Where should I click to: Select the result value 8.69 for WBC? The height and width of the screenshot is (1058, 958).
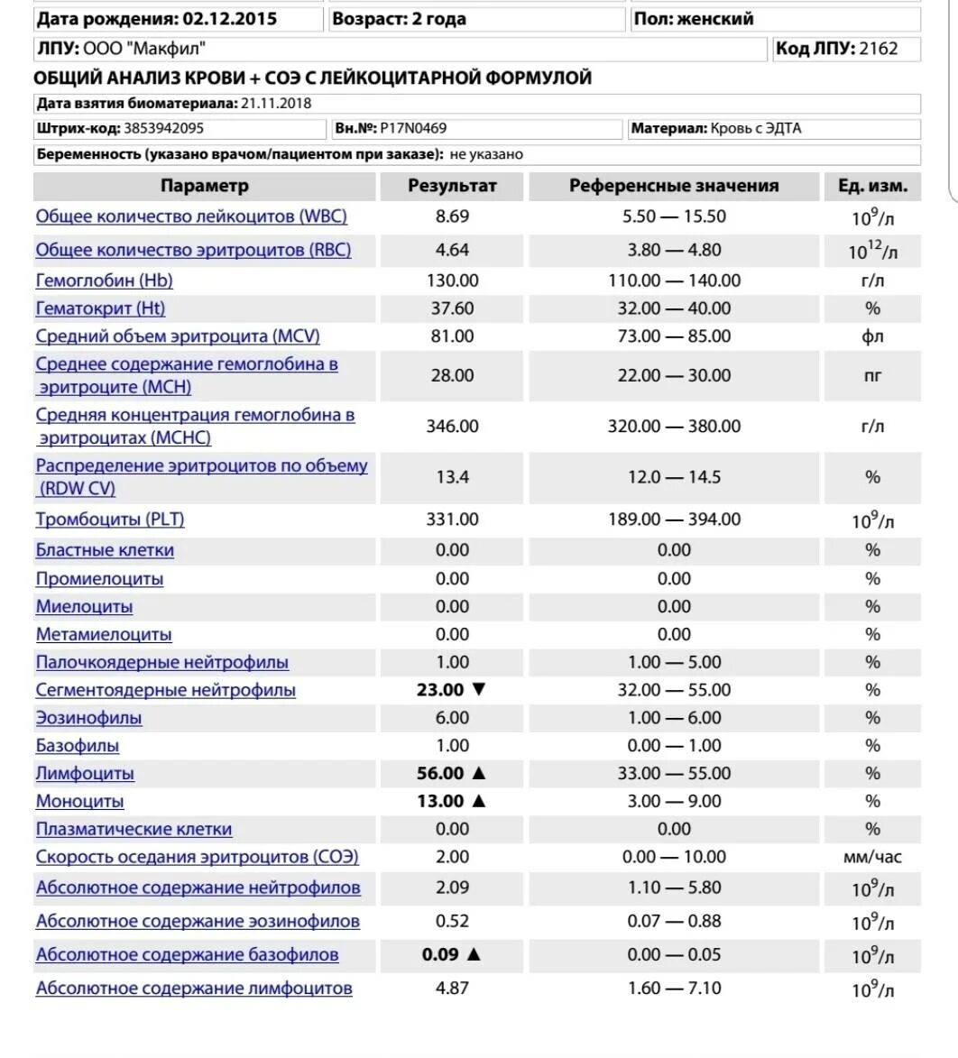[x=452, y=216]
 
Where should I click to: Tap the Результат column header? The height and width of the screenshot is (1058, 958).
[x=452, y=186]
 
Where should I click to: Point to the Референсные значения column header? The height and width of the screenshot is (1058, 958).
[x=674, y=186]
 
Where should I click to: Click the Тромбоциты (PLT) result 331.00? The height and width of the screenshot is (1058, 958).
[x=452, y=520]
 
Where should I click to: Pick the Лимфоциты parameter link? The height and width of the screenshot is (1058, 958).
[x=85, y=773]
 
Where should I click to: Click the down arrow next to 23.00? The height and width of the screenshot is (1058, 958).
[x=479, y=690]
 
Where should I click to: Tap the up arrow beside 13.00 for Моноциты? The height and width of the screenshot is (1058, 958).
[x=479, y=801]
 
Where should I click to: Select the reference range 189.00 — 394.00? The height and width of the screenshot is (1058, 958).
[x=674, y=520]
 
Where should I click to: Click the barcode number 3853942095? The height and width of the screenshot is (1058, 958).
[x=164, y=128]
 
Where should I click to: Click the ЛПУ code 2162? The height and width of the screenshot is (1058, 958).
[x=879, y=49]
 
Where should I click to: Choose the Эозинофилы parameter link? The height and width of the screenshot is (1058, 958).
[x=88, y=718]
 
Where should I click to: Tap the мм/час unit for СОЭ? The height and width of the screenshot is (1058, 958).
[x=871, y=857]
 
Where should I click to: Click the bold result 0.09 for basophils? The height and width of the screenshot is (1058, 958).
[x=440, y=954]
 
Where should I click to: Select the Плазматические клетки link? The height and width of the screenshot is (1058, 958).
[x=134, y=829]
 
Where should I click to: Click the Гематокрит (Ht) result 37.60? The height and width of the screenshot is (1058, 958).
[x=452, y=308]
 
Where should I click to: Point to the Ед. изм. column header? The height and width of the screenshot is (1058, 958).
[x=871, y=186]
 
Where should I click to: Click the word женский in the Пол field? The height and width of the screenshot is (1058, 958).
[x=718, y=19]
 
